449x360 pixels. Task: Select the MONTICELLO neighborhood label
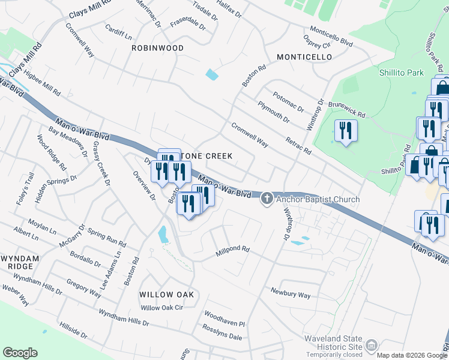tap(304, 57)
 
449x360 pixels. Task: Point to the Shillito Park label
tap(401, 73)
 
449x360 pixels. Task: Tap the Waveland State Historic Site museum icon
tap(372, 345)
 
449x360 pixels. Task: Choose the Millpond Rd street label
tap(232, 252)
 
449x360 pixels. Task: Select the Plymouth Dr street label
tap(273, 112)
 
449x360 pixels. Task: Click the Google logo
tap(20, 353)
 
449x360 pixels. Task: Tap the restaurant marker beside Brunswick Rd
tap(345, 131)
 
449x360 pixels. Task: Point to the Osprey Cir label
tap(318, 41)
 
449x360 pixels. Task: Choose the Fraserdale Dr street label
tap(188, 23)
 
